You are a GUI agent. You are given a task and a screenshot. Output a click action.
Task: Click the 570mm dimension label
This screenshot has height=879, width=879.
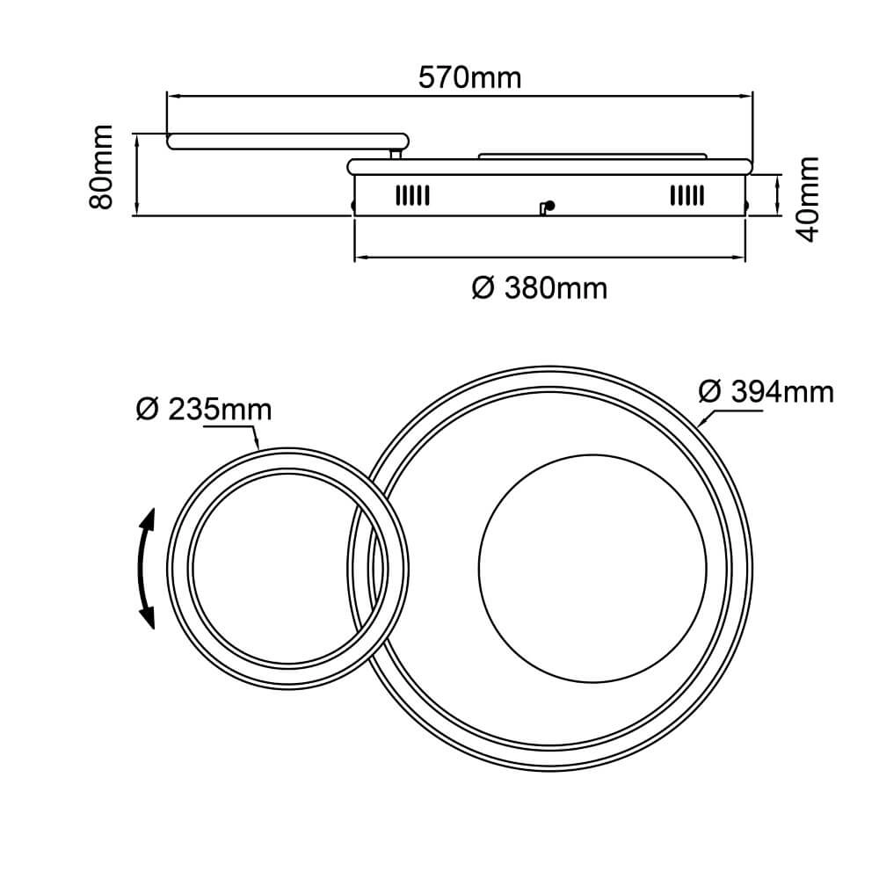[x=469, y=78]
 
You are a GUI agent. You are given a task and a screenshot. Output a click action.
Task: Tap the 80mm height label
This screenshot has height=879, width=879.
[x=101, y=167]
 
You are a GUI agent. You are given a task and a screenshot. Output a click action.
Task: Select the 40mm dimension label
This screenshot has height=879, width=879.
[x=809, y=199]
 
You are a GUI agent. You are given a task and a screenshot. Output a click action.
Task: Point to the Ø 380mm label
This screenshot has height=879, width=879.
[x=540, y=288]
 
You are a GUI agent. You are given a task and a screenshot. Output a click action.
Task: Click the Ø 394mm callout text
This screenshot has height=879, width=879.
[x=766, y=391]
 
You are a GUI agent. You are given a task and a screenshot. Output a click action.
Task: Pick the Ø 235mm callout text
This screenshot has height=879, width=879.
[x=204, y=410]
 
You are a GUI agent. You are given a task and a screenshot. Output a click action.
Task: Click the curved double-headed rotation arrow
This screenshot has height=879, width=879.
[x=146, y=569]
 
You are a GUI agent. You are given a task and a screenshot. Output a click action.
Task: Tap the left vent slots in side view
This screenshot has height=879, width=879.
[x=412, y=196]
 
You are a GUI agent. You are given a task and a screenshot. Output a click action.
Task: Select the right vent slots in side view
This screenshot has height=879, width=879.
[x=687, y=196]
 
